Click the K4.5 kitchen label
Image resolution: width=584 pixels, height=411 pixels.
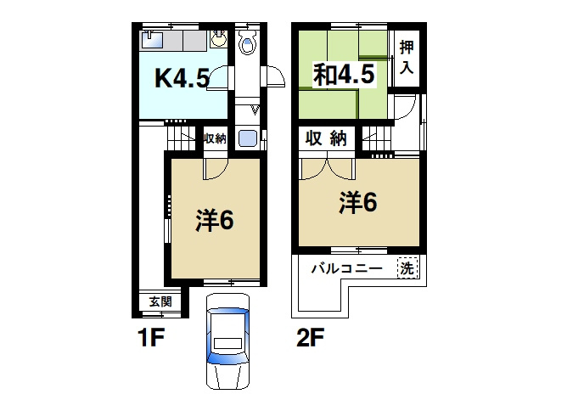point(181,79)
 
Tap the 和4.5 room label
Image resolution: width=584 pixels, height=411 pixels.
point(344,75)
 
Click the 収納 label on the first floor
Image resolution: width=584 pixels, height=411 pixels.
point(215,138)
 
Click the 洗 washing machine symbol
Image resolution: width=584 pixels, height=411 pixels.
point(409,267)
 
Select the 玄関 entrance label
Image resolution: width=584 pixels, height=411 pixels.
point(160,301)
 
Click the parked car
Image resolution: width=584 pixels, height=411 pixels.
point(227,342)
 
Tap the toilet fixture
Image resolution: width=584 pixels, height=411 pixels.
point(249,43)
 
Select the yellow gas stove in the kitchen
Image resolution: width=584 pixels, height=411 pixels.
point(219,37)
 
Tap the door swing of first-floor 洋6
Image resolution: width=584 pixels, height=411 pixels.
point(213,169)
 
